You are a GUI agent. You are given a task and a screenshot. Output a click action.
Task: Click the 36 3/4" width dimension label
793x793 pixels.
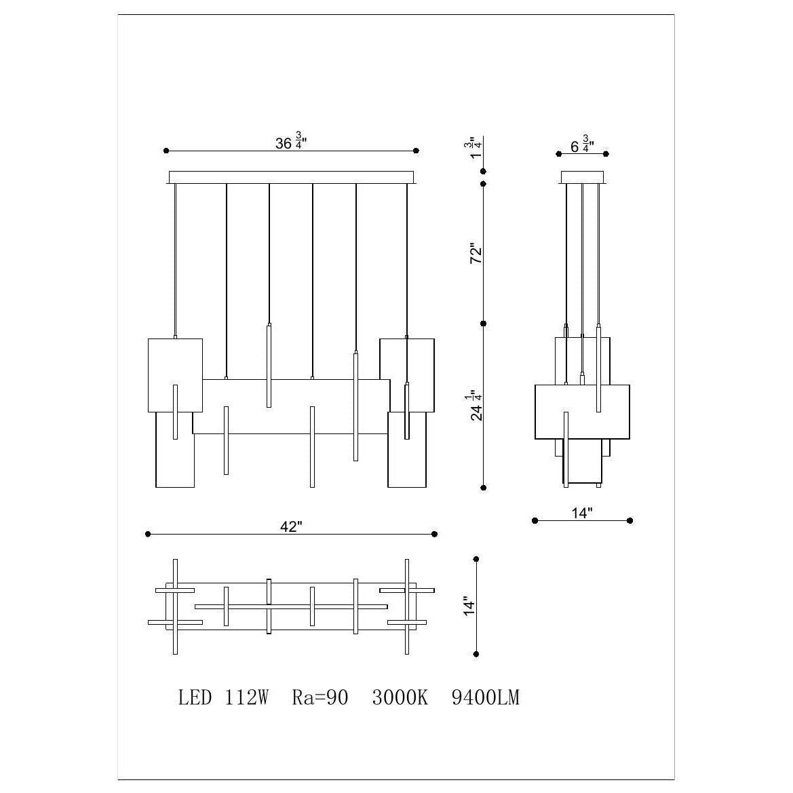coord(291,141)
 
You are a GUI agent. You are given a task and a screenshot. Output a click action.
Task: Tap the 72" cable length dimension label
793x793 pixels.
coord(476,254)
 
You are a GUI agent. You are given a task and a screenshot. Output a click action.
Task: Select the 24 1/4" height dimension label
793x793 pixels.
coord(476,405)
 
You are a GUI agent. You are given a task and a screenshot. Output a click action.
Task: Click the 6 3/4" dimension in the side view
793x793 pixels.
coord(582,144)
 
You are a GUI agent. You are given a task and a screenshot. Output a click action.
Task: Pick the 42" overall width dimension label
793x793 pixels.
coord(291,526)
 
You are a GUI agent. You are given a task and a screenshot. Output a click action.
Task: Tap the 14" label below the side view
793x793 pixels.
coord(581,513)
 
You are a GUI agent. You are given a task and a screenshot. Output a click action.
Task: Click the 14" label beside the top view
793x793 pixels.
coord(469,606)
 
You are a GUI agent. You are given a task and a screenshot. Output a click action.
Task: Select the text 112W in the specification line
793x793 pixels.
coord(246,697)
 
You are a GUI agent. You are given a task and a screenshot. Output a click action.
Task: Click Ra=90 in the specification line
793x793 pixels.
coord(320,697)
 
